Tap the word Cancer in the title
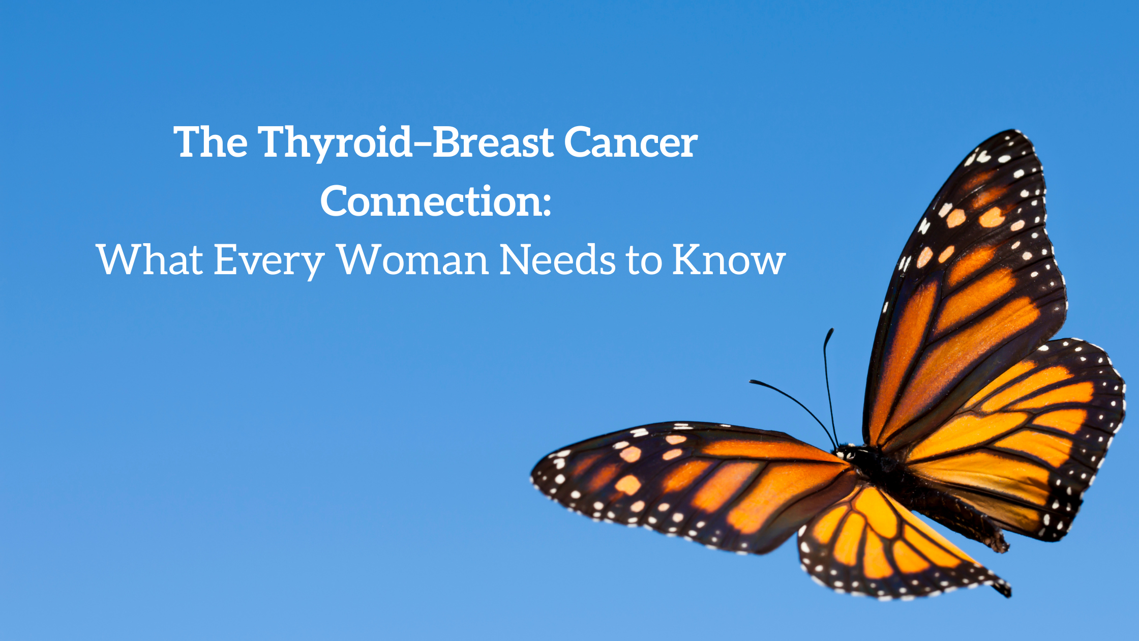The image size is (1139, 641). coord(631,143)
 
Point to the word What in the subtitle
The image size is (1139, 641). coord(150,259)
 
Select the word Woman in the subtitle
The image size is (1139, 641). coord(413,260)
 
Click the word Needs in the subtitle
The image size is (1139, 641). coord(558,259)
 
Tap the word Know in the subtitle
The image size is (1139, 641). coord(729,260)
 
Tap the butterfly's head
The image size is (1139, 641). coord(845,451)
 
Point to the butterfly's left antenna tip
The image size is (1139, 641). coord(751,382)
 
